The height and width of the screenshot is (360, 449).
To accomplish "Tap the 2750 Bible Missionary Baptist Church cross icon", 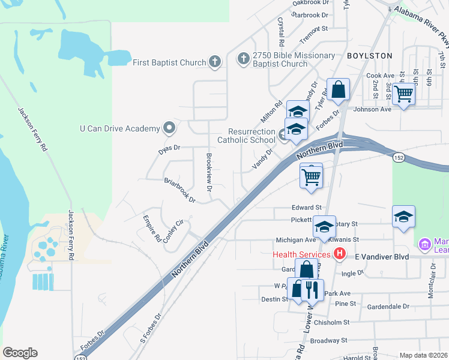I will point(243,59).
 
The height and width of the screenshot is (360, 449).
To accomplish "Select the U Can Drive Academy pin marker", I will point(169,128).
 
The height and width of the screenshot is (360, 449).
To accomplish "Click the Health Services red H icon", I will point(340,254).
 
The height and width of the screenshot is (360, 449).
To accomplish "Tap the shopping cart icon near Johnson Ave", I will point(404,93).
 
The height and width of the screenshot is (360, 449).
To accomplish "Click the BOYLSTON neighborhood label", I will point(370,56).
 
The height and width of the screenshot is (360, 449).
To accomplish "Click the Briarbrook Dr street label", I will point(180,189).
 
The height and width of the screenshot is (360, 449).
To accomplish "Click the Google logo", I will point(20,353).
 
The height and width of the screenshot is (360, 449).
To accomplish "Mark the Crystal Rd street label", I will point(280,32).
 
